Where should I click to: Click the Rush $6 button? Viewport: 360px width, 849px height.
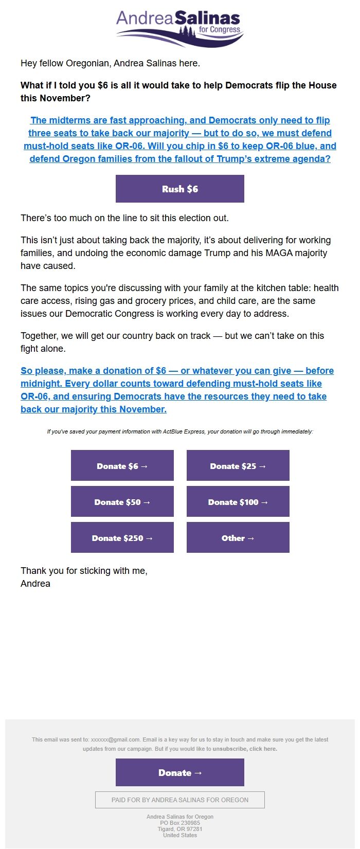point(179,189)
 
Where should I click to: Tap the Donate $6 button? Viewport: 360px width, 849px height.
point(122,466)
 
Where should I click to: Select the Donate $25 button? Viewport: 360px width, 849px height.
point(238,466)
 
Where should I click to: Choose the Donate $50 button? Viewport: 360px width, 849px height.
point(122,502)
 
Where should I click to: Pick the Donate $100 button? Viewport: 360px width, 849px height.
point(238,502)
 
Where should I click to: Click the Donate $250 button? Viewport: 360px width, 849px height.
point(122,538)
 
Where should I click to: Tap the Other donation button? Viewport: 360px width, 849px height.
point(238,538)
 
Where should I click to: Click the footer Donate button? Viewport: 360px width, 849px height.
point(179,772)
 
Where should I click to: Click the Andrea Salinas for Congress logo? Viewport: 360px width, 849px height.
point(179,28)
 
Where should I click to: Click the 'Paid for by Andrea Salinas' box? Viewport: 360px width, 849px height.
point(179,800)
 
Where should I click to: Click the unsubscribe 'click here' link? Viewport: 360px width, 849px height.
point(263,749)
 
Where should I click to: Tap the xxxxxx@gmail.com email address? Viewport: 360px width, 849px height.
point(115,739)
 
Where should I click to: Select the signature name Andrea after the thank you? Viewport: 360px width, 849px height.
point(35,584)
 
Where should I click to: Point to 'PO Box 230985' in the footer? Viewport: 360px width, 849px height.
point(179,823)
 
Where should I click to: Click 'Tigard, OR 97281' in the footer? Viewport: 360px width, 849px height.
point(179,829)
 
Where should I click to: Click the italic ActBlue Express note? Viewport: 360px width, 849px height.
point(179,431)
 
